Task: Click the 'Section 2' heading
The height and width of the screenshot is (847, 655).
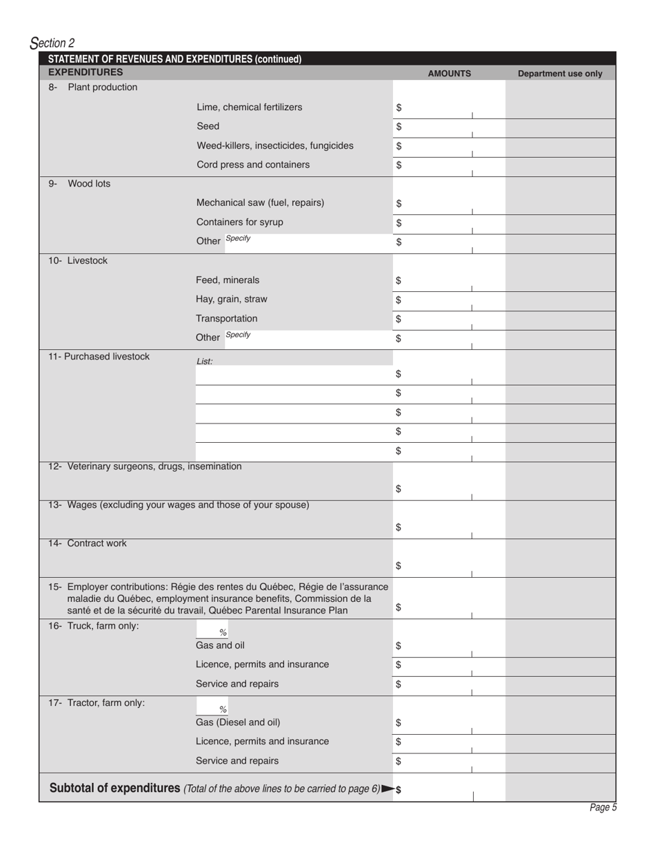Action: [x=52, y=43]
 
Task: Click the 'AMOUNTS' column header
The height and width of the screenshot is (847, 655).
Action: [x=449, y=74]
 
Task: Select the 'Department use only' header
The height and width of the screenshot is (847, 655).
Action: [x=560, y=74]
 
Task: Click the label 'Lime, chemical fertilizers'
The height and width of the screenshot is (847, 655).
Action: [x=249, y=107]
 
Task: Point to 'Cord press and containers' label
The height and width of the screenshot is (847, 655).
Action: [x=253, y=165]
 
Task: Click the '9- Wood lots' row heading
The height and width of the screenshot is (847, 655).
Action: [x=79, y=184]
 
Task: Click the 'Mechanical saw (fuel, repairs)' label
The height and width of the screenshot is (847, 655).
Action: [x=260, y=202]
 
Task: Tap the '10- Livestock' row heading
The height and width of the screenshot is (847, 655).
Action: [x=78, y=261]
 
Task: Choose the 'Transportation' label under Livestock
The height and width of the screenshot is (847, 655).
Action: [x=226, y=319]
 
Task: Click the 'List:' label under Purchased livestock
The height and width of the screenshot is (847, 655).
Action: [x=205, y=362]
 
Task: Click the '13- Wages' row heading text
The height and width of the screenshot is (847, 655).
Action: [x=179, y=505]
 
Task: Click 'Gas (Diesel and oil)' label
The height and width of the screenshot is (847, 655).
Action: [x=238, y=722]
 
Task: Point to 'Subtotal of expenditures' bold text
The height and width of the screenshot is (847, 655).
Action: [x=115, y=788]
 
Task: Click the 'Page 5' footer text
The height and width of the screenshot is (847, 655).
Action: [x=603, y=808]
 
